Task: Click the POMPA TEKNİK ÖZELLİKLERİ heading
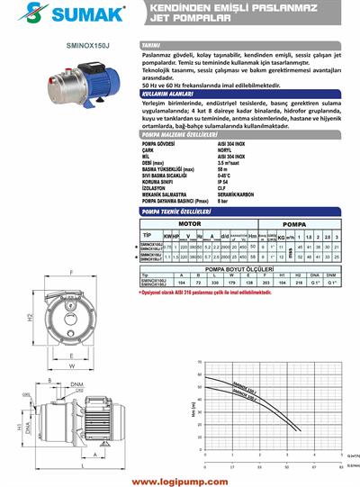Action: pos(184,236)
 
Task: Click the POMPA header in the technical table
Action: pos(298,246)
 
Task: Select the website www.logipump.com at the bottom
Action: pos(180,470)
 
